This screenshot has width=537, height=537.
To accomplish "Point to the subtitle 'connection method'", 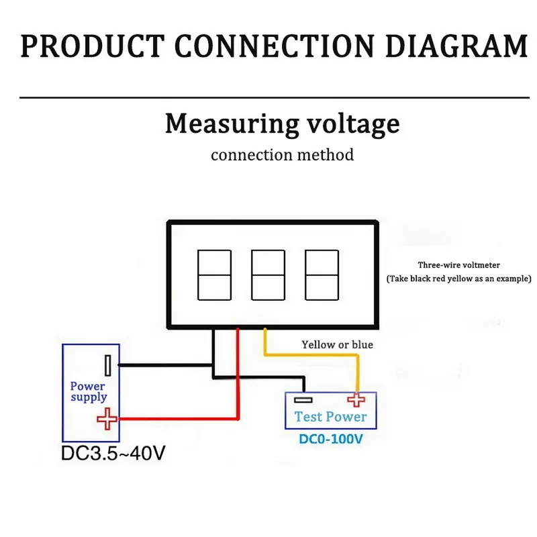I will pyautogui.click(x=282, y=155).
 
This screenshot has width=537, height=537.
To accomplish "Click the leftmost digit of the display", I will pyautogui.click(x=214, y=275).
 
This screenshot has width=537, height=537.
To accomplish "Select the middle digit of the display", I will pyautogui.click(x=268, y=275).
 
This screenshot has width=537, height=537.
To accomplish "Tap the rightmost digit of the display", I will pyautogui.click(x=322, y=275).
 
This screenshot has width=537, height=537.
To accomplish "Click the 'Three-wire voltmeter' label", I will pyautogui.click(x=458, y=264).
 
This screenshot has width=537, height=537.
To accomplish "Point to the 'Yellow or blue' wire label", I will pyautogui.click(x=336, y=344).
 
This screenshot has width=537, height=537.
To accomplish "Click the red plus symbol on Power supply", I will pyautogui.click(x=106, y=420).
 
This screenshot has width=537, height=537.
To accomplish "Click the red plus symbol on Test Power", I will pyautogui.click(x=356, y=399).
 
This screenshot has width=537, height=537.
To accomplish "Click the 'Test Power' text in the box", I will pyautogui.click(x=330, y=417).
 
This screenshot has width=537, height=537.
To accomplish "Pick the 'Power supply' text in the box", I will pyautogui.click(x=88, y=391).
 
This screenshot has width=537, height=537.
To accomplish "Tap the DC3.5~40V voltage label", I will pyautogui.click(x=112, y=454).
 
